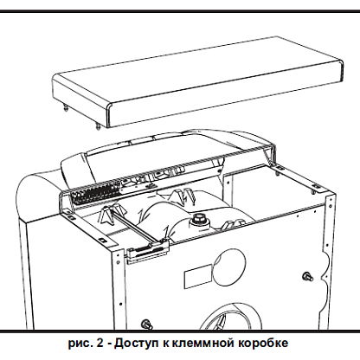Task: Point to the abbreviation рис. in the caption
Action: (x=80, y=344)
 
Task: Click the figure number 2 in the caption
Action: (x=100, y=343)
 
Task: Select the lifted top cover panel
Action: (x=198, y=82)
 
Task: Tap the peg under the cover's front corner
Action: (x=99, y=126)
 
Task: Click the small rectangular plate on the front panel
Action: (x=198, y=275)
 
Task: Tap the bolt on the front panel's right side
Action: (x=308, y=277)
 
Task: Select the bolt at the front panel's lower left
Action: (x=146, y=324)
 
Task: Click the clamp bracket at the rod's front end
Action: (x=148, y=250)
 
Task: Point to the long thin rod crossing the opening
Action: (x=137, y=227)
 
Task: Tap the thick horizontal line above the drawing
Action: (x=180, y=11)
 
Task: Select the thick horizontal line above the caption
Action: (x=180, y=331)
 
